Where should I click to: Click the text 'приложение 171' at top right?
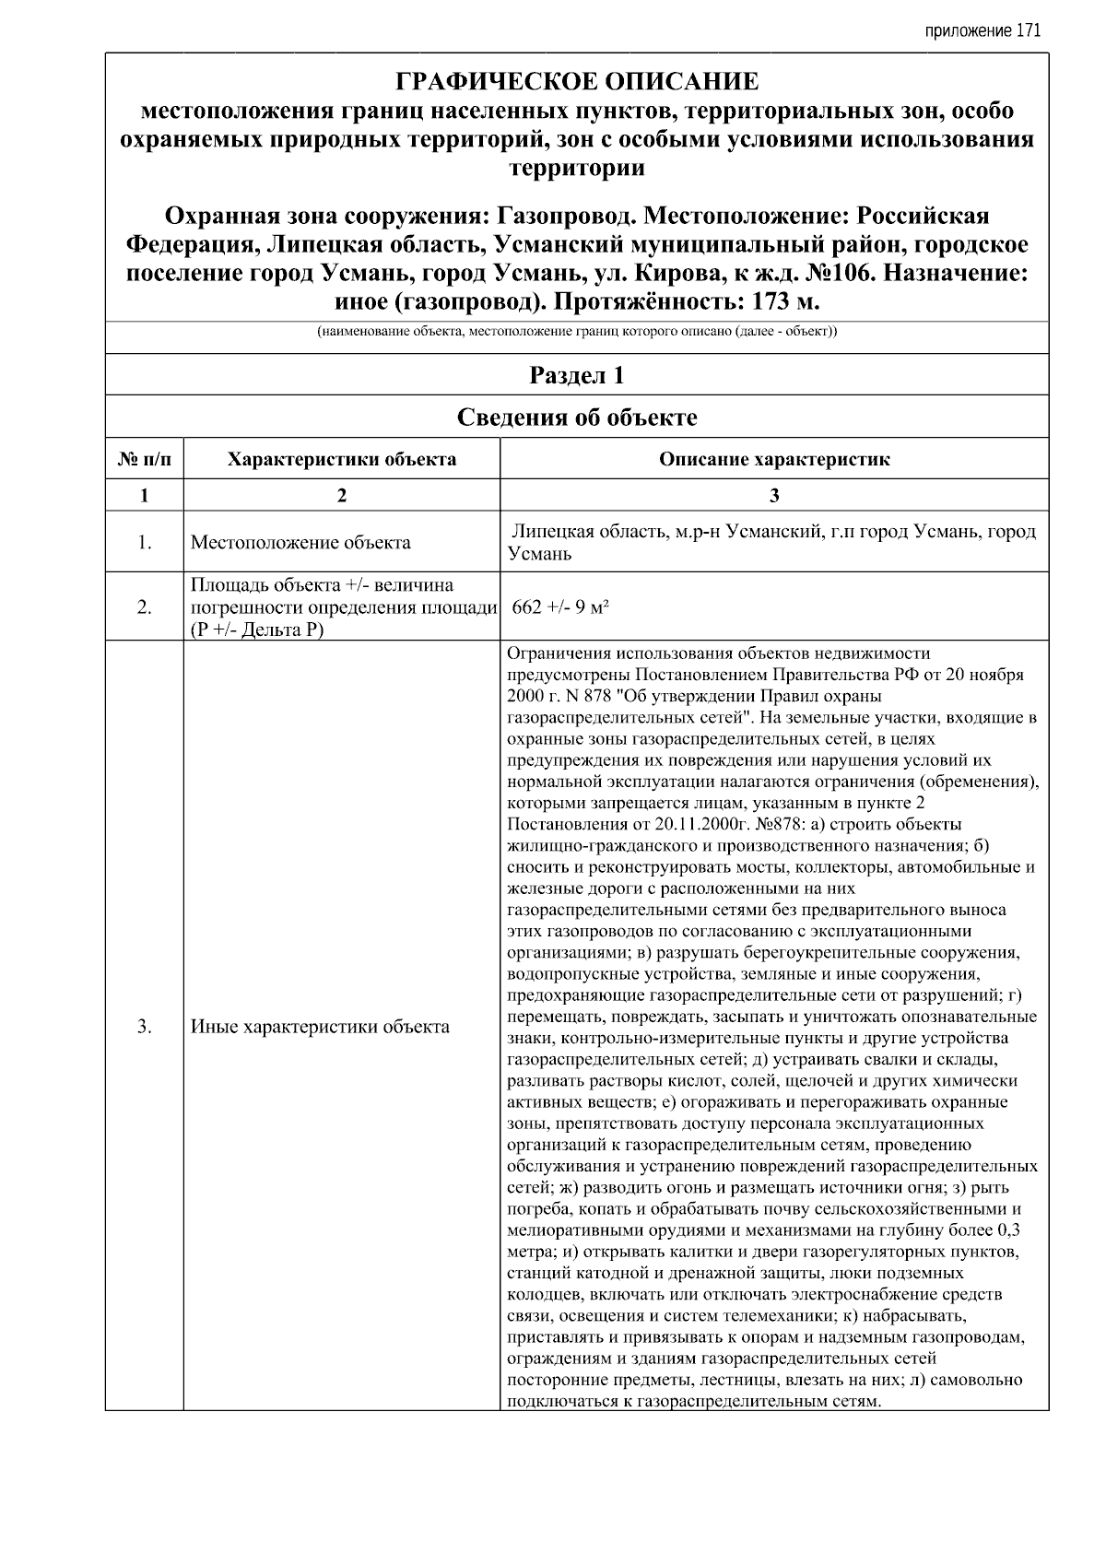click(982, 30)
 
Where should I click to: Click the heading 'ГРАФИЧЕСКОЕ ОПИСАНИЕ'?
click(577, 82)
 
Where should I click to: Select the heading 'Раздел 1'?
click(577, 375)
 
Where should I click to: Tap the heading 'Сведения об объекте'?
click(577, 418)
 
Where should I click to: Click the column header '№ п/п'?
click(145, 459)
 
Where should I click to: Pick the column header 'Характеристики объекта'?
click(341, 459)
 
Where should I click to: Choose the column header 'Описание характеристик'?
click(774, 459)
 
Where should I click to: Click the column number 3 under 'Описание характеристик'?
click(774, 495)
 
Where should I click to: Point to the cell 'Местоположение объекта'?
click(300, 542)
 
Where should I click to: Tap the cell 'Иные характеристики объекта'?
click(320, 1026)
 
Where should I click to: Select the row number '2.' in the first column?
click(145, 606)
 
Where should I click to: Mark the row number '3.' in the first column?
click(145, 1026)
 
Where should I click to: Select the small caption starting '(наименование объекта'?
click(577, 331)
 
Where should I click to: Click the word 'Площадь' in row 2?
click(226, 585)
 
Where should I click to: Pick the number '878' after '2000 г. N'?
click(590, 696)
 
